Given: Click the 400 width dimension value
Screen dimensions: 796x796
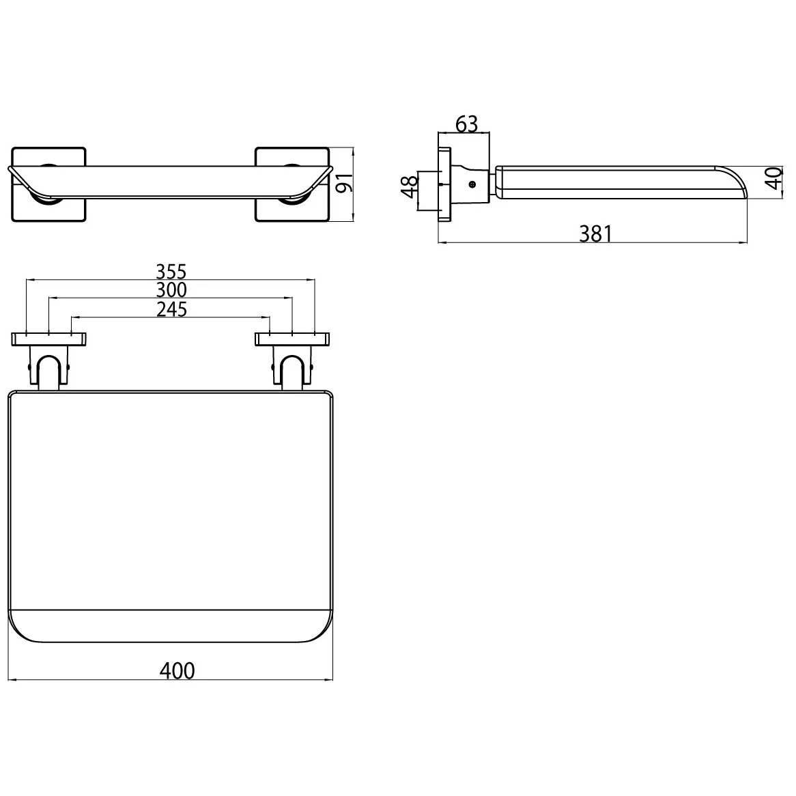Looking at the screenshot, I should coord(177,670).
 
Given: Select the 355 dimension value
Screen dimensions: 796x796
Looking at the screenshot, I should coord(170,272).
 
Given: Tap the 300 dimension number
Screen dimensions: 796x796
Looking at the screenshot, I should coord(170,290).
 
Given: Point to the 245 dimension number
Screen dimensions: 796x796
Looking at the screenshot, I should coord(171,309).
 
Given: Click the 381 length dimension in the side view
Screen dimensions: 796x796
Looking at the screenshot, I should coord(596,234).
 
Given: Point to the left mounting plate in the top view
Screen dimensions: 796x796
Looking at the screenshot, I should coord(48,339).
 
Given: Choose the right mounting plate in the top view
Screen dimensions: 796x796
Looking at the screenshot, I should coord(292,339).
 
